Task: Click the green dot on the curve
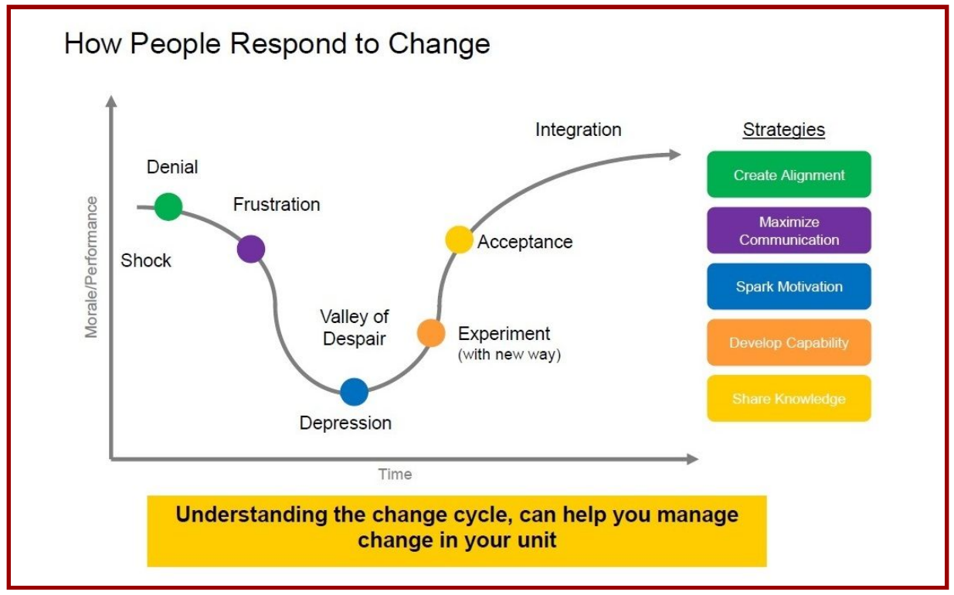tap(168, 206)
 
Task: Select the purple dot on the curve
tap(251, 249)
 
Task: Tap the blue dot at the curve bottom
tap(354, 392)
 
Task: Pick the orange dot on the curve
tap(431, 333)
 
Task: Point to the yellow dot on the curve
tap(459, 240)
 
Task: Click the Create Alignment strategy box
tap(789, 175)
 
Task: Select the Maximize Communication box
tap(789, 230)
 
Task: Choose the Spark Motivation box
tap(789, 286)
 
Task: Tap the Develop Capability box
tap(789, 342)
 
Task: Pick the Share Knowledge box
tap(789, 398)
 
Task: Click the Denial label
tap(172, 167)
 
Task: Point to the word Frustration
tap(277, 205)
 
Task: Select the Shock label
tap(146, 260)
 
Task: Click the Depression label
tap(345, 423)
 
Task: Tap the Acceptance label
tap(525, 242)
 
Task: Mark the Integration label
tap(579, 130)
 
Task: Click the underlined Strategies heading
tap(783, 130)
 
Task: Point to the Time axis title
tap(395, 474)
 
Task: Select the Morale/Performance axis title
tap(91, 267)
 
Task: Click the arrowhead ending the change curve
tap(675, 155)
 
